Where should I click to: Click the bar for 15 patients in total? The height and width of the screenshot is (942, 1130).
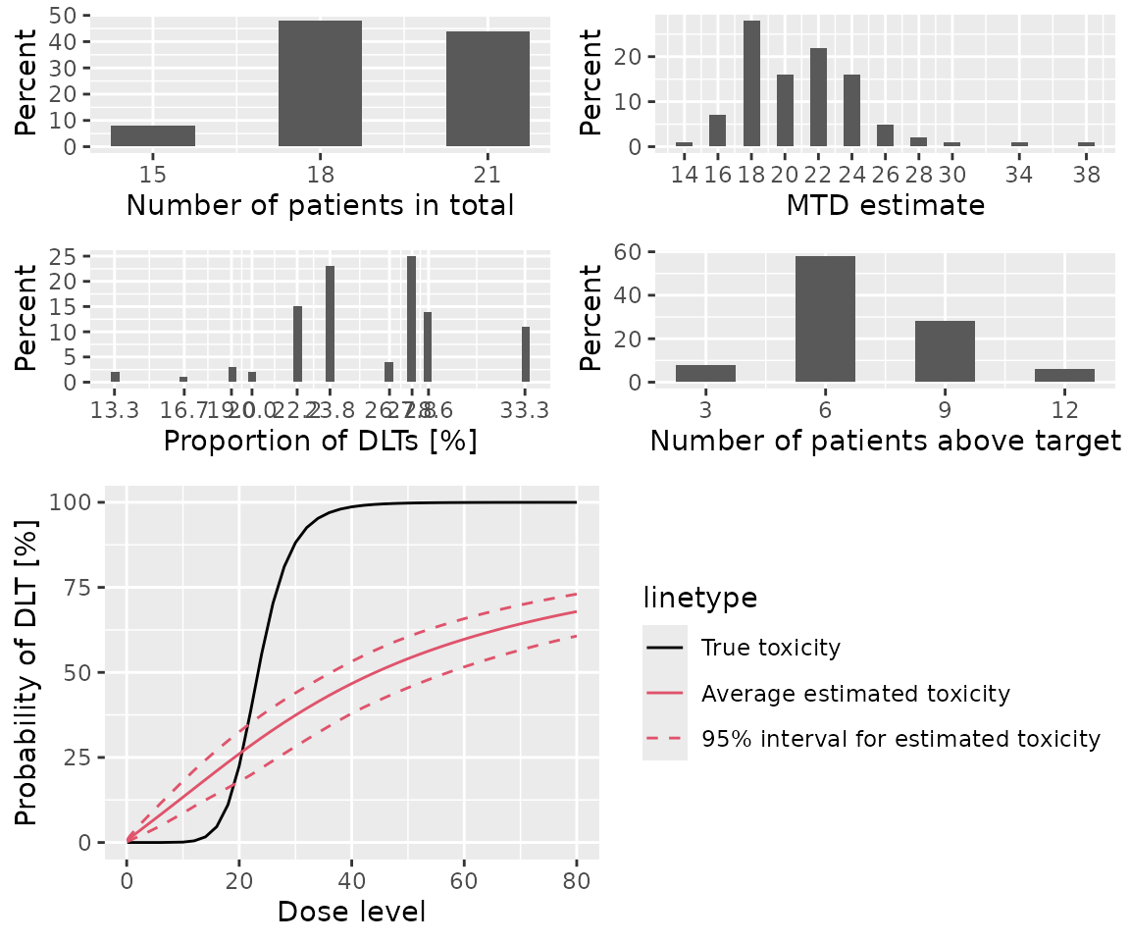pos(153,136)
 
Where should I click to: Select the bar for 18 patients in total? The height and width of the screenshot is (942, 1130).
pos(321,83)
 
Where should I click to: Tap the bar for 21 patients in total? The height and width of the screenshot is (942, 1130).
pos(488,88)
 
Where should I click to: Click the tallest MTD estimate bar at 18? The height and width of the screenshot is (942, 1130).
pos(751,83)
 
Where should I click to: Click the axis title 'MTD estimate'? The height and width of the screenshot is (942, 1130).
pos(885,206)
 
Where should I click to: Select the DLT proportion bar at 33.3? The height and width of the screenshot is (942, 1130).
pos(526,354)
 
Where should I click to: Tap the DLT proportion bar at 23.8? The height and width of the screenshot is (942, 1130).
pos(330,324)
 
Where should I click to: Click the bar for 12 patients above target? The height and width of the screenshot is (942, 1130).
pos(1064,375)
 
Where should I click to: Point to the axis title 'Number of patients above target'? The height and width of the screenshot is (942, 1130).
pos(885,442)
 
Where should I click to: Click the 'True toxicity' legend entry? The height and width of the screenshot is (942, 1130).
pos(770,648)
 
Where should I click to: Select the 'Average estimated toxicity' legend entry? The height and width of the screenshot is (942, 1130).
pos(854,694)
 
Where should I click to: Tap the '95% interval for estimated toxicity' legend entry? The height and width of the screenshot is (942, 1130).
pos(900,739)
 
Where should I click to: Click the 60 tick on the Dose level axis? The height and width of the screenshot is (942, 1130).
pos(464,878)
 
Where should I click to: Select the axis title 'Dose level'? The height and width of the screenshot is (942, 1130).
pos(351,912)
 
